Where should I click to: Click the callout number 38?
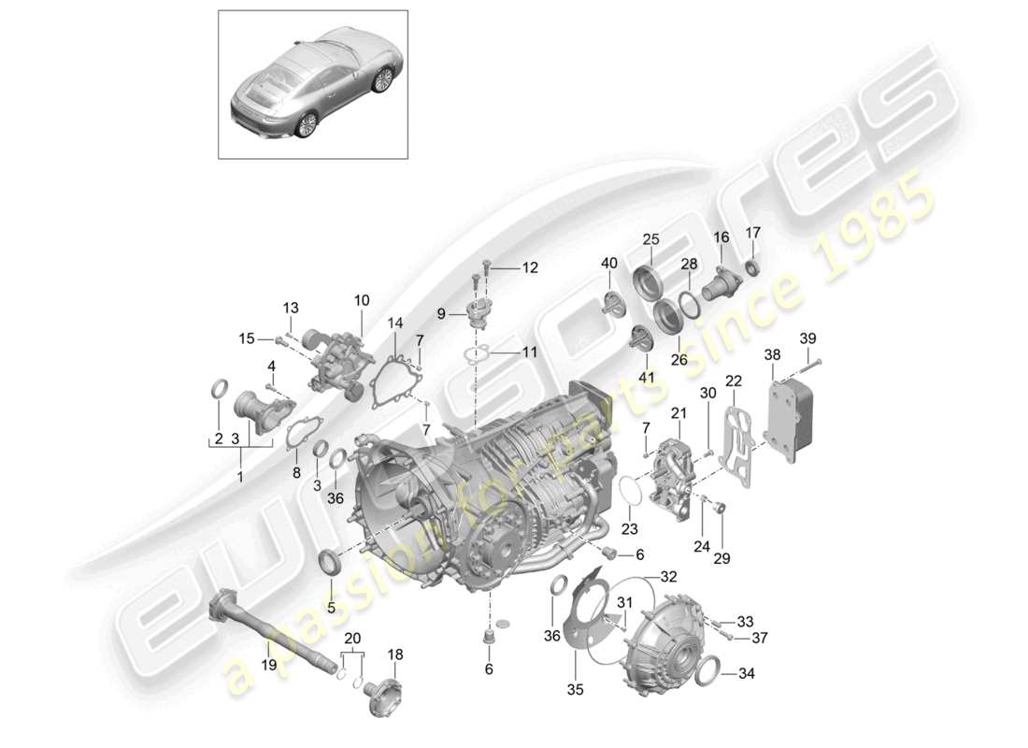point(772,356)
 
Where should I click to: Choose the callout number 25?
point(650,239)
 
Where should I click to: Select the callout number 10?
point(362,300)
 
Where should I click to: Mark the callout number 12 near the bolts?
point(530,268)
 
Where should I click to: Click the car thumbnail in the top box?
point(312,84)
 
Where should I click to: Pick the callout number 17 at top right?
point(753,233)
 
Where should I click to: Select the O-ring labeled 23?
point(633,490)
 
